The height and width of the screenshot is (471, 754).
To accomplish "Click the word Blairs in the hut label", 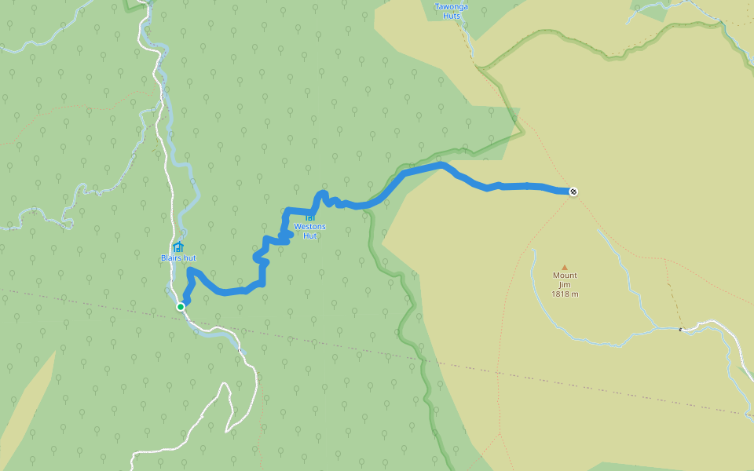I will click(x=171, y=257).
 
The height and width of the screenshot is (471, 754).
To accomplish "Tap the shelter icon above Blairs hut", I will click(x=178, y=247).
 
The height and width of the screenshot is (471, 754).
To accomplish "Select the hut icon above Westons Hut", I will click(x=310, y=217).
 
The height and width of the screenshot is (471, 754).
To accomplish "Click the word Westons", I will click(x=309, y=227).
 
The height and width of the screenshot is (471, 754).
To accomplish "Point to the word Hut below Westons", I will click(x=310, y=235).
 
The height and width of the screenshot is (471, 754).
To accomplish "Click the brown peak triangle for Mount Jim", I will click(x=564, y=267).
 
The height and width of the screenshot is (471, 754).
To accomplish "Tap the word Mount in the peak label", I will click(x=564, y=276).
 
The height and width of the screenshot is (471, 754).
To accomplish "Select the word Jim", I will click(x=564, y=284).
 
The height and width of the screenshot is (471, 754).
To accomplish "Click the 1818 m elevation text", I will click(x=564, y=294).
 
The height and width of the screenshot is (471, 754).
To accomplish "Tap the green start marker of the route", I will click(x=181, y=307).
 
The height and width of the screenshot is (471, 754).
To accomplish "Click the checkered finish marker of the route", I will click(x=573, y=192).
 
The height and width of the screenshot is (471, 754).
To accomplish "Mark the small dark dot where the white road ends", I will click(x=680, y=330).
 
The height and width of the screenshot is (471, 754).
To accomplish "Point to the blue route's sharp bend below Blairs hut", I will click(x=190, y=271).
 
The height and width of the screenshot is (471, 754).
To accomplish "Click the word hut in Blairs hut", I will click(x=190, y=257).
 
